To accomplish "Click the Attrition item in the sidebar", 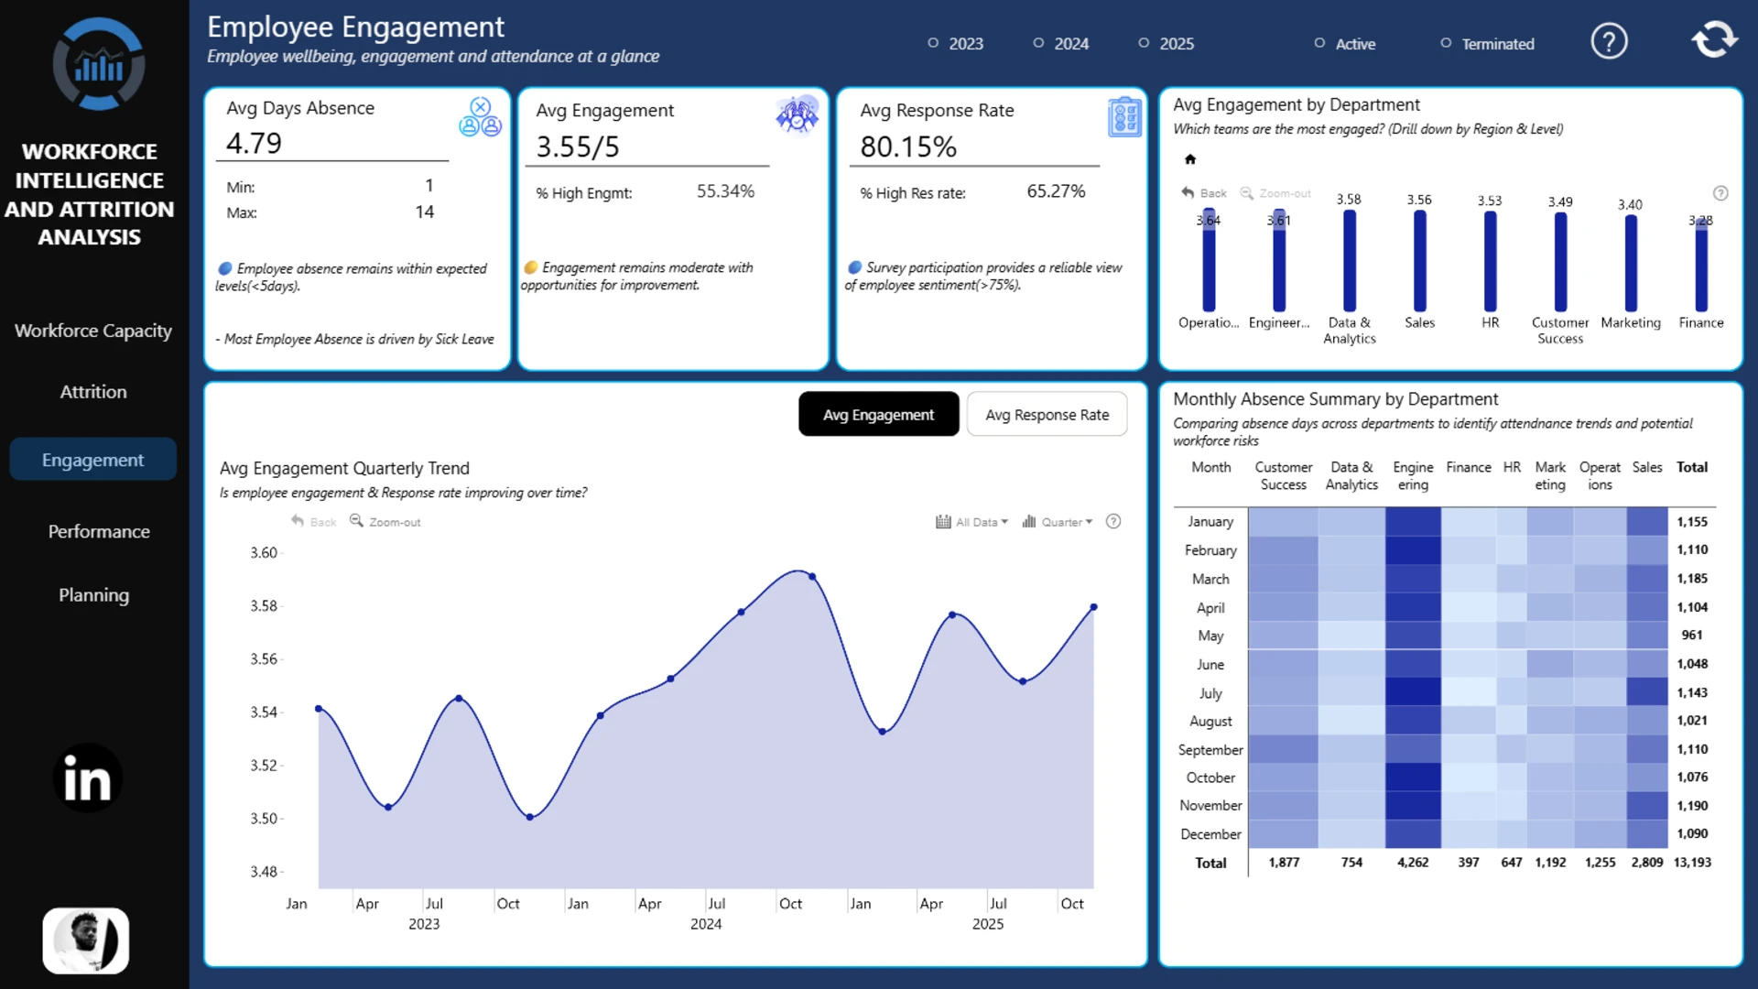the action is coord(93,392).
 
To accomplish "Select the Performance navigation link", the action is coord(99,532).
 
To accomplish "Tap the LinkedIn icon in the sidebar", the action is coord(88,778).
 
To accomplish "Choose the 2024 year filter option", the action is coord(1061,43).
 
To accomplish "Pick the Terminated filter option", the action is coord(1487,43).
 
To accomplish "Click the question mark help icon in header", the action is coord(1609,41).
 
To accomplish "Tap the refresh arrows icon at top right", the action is coord(1714,40).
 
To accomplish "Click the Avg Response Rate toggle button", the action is coord(1047,415).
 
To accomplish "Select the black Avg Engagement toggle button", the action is coord(878,415).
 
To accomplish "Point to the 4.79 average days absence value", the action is coord(255,143).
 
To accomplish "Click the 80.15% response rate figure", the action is coord(908,147).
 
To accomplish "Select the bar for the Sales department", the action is coord(1419,261).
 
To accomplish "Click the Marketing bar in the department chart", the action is coord(1631,264).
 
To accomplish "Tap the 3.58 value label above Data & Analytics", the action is coord(1349,200).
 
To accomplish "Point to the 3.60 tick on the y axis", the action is coord(264,553).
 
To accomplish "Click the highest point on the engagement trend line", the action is coord(812,576).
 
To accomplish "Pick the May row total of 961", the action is coord(1692,636).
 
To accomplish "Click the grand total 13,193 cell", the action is coord(1692,863).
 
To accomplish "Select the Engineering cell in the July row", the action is coord(1413,692).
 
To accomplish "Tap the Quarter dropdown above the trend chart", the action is coord(1058,522).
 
